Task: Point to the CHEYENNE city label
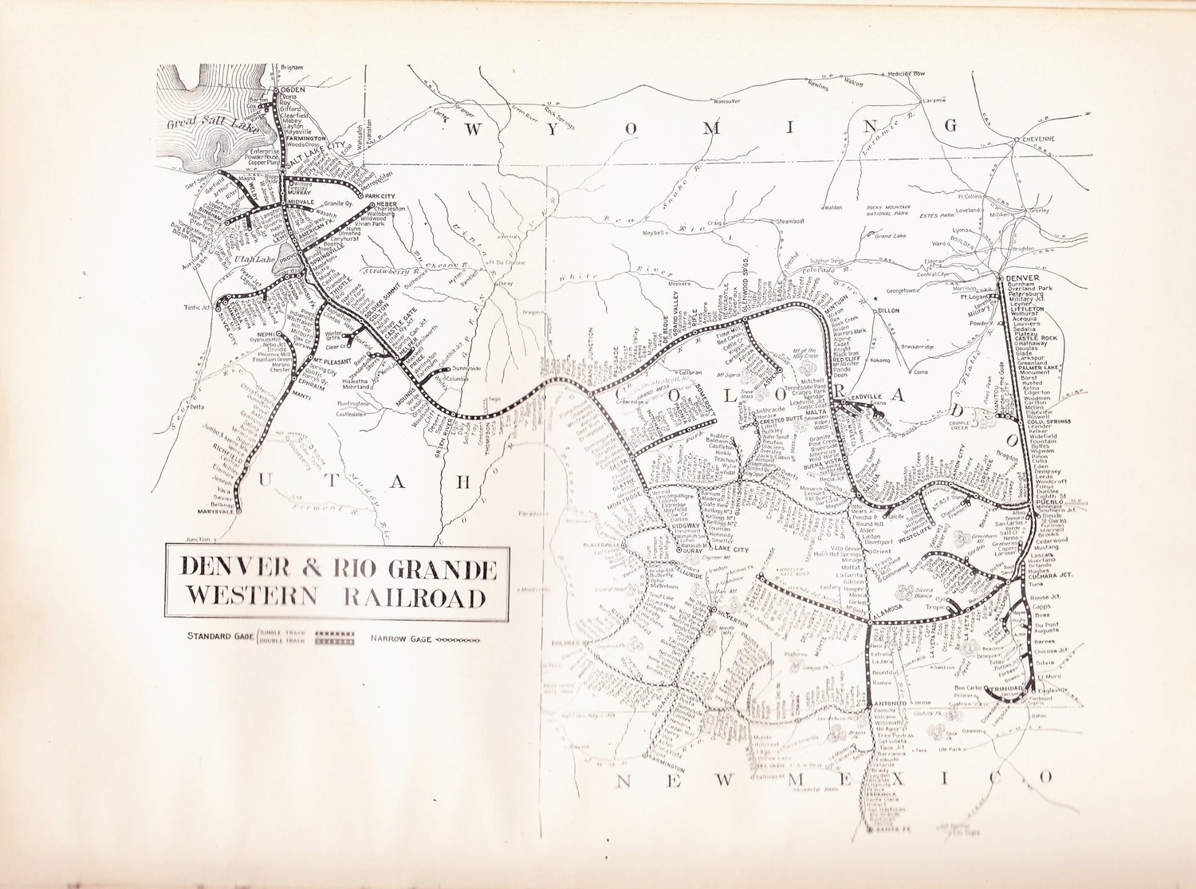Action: click(x=1037, y=139)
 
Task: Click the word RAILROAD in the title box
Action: click(x=415, y=597)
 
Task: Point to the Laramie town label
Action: click(x=934, y=101)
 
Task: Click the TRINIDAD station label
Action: click(x=1011, y=686)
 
